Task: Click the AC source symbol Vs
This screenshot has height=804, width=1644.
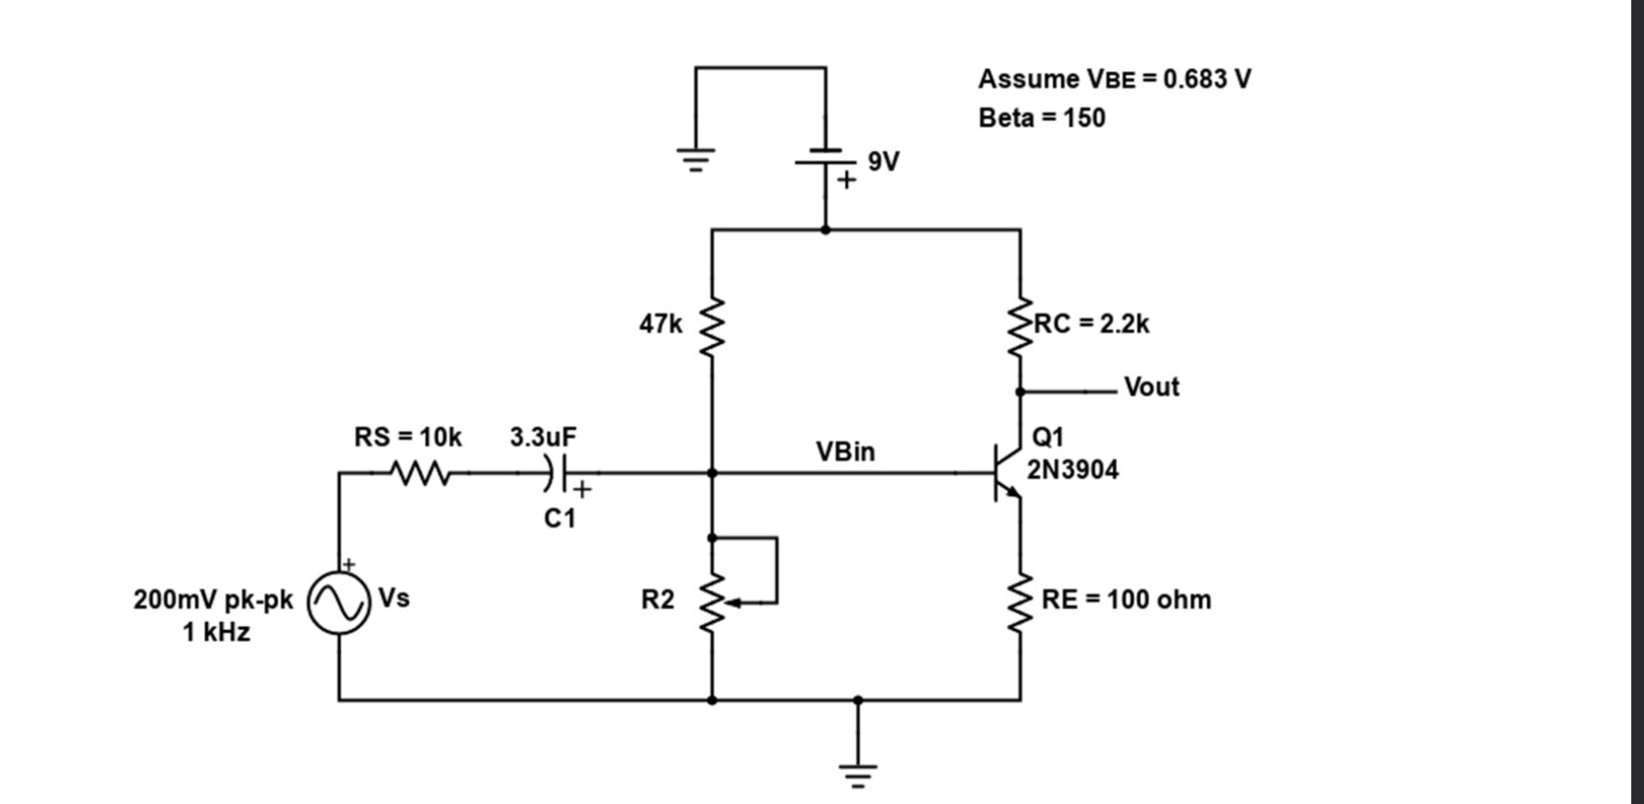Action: (339, 603)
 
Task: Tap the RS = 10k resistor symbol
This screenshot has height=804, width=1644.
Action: (418, 473)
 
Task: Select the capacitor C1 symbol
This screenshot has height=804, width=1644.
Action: (558, 472)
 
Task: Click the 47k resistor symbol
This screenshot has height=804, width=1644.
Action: (712, 325)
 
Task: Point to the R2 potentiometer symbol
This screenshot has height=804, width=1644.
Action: (713, 602)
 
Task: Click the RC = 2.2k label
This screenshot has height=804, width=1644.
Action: (1092, 324)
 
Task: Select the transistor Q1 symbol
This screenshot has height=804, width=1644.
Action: (1006, 473)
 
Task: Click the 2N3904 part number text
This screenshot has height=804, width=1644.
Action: (1073, 470)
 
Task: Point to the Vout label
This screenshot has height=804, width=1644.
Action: (1151, 387)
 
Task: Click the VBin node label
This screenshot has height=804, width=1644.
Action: (845, 451)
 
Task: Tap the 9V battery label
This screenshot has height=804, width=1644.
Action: (883, 161)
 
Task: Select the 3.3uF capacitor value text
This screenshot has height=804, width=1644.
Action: (542, 437)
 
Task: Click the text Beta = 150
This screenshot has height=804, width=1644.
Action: (1042, 119)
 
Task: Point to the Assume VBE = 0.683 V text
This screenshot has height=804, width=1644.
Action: (1115, 79)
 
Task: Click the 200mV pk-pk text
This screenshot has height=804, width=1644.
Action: (213, 600)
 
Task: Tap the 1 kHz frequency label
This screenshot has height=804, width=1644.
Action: (216, 632)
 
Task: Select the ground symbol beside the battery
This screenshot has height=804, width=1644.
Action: (695, 160)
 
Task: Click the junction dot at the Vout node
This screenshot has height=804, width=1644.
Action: (1020, 392)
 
